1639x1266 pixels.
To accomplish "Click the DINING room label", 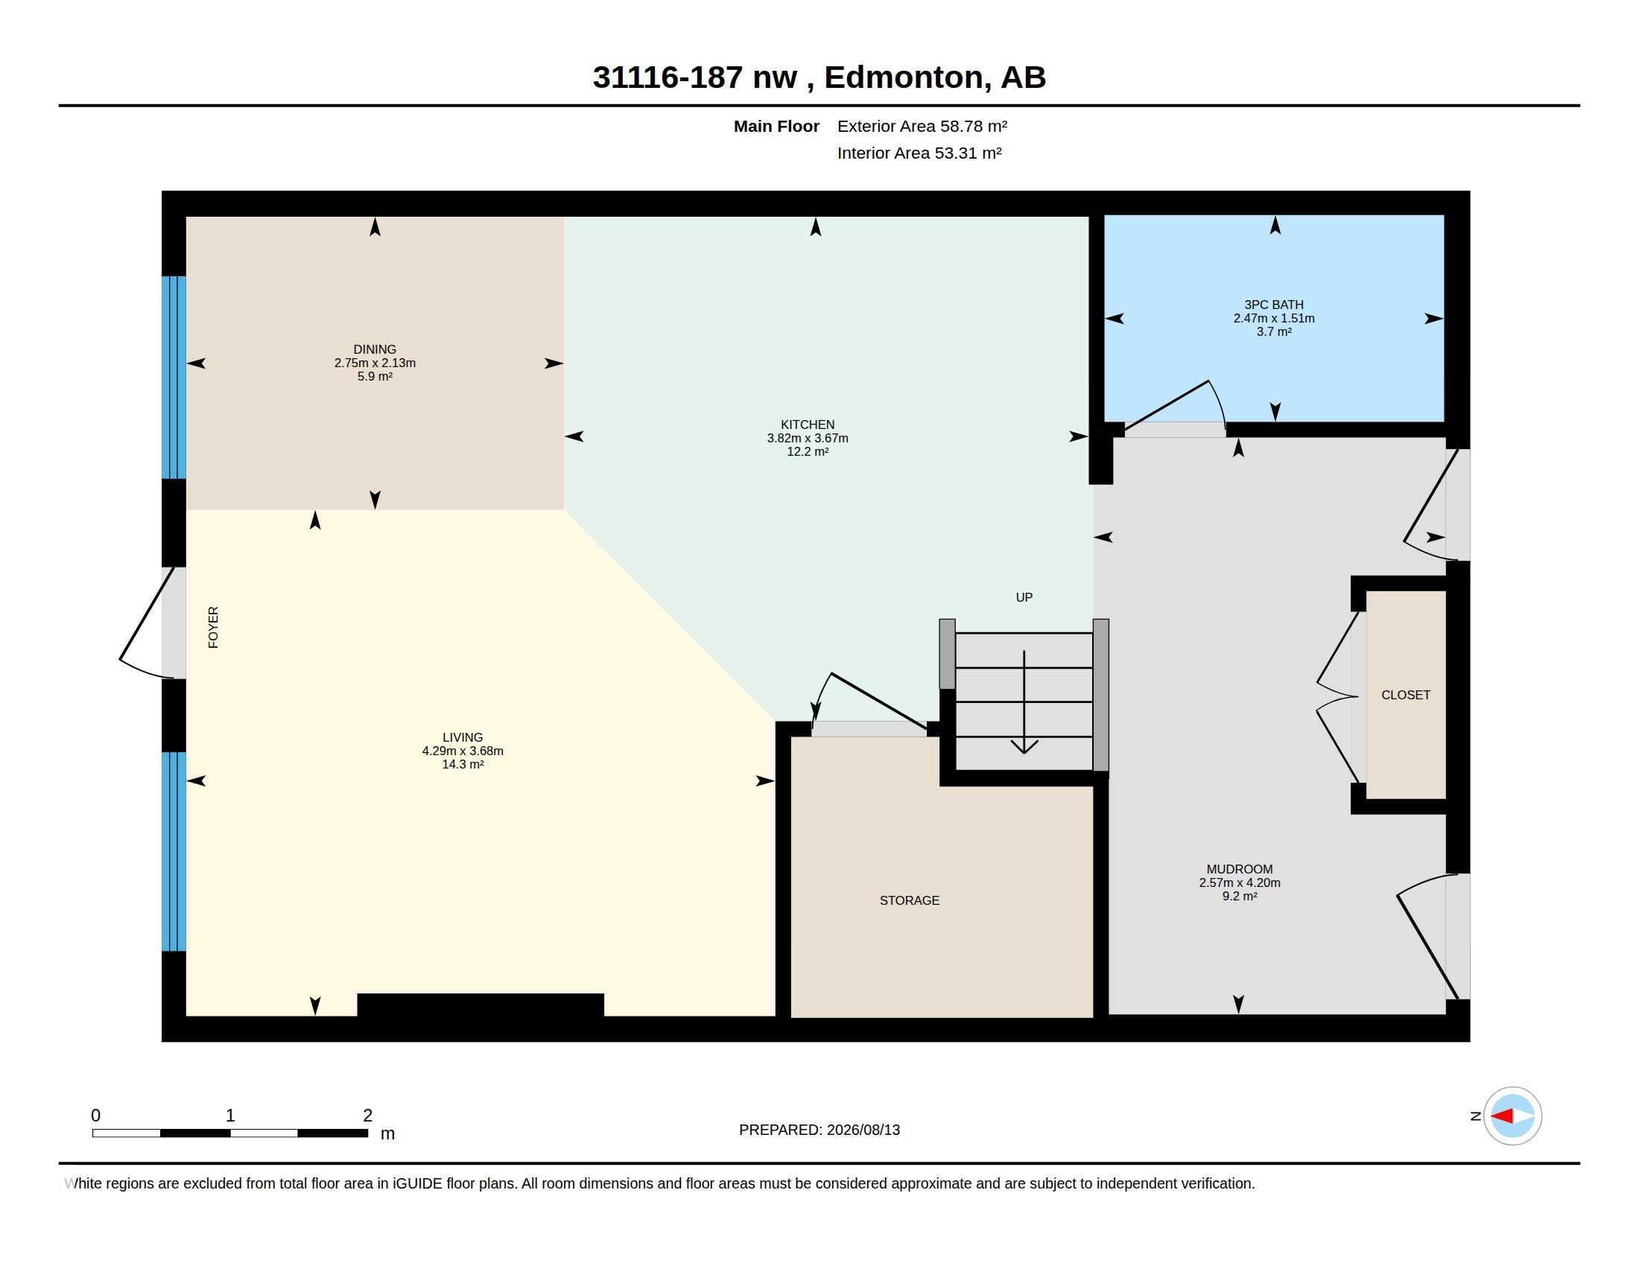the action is coord(375,349).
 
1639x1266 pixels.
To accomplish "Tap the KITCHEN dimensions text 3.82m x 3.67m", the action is coord(808,438).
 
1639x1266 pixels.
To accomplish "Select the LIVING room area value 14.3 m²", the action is coord(463,764).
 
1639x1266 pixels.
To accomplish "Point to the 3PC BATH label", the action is coord(1273,305).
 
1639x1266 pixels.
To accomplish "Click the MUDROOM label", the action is coord(1239,869).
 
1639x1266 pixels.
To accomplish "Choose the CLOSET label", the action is coord(1406,696).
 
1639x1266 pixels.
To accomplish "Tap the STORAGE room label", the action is coord(910,900).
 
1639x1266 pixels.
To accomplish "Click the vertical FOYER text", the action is coord(213,627).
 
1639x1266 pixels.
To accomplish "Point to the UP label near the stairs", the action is coord(1024,597).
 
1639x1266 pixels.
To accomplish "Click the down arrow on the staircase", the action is coord(1024,702).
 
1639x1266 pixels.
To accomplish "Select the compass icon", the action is coord(1512,1116).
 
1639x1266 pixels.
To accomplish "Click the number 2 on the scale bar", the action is coord(368,1116).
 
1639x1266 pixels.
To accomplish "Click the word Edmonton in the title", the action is coord(904,77).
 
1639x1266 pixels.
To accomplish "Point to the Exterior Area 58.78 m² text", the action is coord(922,126).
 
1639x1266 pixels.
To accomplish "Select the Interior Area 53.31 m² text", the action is coord(919,153).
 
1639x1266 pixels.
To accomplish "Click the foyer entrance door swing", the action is coord(147,623).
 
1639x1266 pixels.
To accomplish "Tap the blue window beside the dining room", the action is coord(174,378).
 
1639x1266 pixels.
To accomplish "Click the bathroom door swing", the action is coord(1175,406).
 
